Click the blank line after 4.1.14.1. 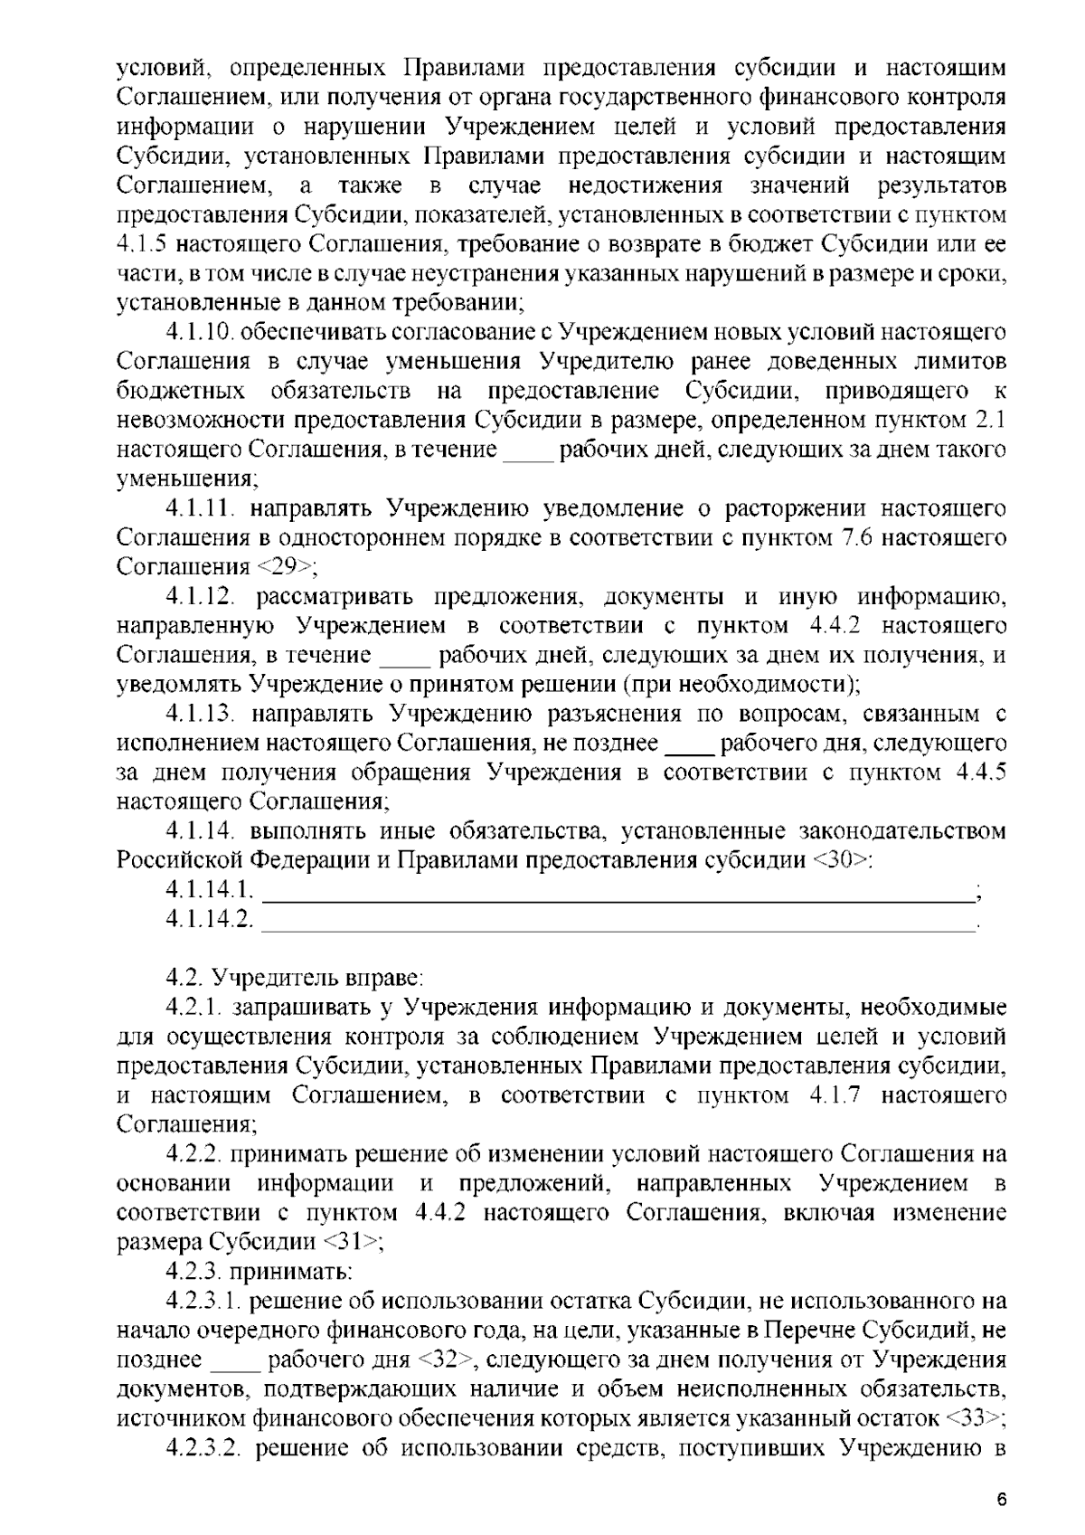tap(618, 897)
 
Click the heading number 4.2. tap(184, 978)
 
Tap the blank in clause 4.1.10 tap(527, 450)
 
